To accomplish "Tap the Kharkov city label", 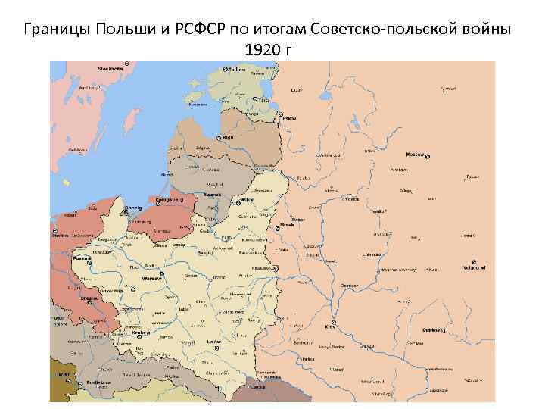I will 433,331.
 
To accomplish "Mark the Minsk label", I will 287,225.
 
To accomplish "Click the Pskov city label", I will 289,118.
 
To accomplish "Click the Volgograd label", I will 474,269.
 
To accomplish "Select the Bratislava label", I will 95,384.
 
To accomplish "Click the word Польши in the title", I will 122,30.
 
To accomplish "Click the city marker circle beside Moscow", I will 428,157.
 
